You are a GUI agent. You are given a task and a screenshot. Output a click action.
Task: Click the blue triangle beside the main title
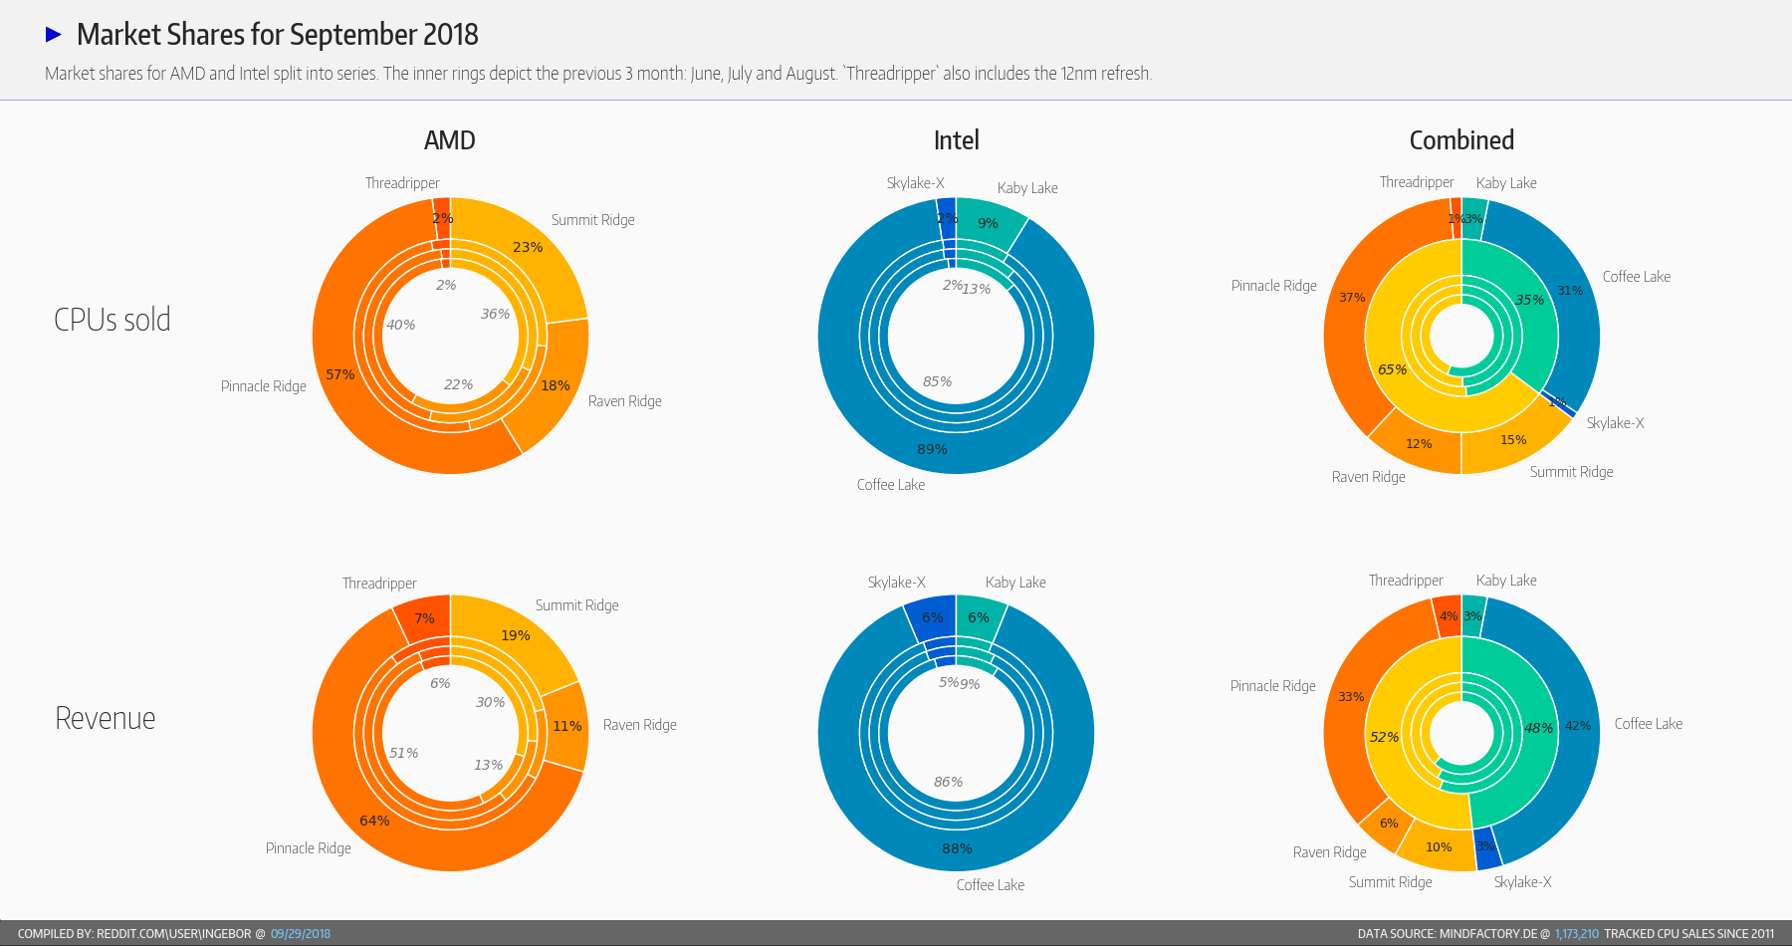click(54, 35)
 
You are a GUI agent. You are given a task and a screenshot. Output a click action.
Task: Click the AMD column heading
click(449, 140)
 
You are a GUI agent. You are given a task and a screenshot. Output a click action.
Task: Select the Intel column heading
click(956, 140)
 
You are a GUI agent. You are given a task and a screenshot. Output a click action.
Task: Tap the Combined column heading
click(1461, 140)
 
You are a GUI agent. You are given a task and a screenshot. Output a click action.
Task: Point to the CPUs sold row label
click(112, 320)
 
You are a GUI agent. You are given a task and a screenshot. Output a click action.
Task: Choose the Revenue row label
click(106, 718)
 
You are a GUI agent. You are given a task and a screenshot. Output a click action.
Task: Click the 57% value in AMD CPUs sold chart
click(340, 374)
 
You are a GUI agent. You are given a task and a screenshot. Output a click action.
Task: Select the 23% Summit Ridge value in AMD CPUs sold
click(528, 247)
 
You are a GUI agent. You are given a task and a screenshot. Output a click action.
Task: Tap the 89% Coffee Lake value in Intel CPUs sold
click(932, 449)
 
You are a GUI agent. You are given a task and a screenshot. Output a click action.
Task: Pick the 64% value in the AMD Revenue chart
click(374, 821)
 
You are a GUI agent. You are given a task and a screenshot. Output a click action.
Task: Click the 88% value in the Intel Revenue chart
click(957, 848)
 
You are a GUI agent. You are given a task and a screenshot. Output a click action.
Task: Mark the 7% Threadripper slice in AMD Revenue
click(425, 618)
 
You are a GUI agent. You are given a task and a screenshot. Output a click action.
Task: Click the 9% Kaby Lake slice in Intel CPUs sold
click(988, 223)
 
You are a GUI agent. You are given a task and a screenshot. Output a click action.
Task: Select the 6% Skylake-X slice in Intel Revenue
click(932, 617)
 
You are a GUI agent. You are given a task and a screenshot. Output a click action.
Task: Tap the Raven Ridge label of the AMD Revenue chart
click(639, 725)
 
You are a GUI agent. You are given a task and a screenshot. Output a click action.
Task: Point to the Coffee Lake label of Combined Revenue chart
click(1648, 724)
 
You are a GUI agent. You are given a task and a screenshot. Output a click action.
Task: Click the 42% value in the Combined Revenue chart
click(1578, 726)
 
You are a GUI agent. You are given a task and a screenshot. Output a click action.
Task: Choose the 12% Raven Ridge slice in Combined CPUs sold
click(1419, 444)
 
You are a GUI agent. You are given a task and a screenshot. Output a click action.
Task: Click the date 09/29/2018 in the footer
click(301, 934)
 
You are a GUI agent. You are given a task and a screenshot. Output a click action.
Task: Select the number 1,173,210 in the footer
click(1576, 934)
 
